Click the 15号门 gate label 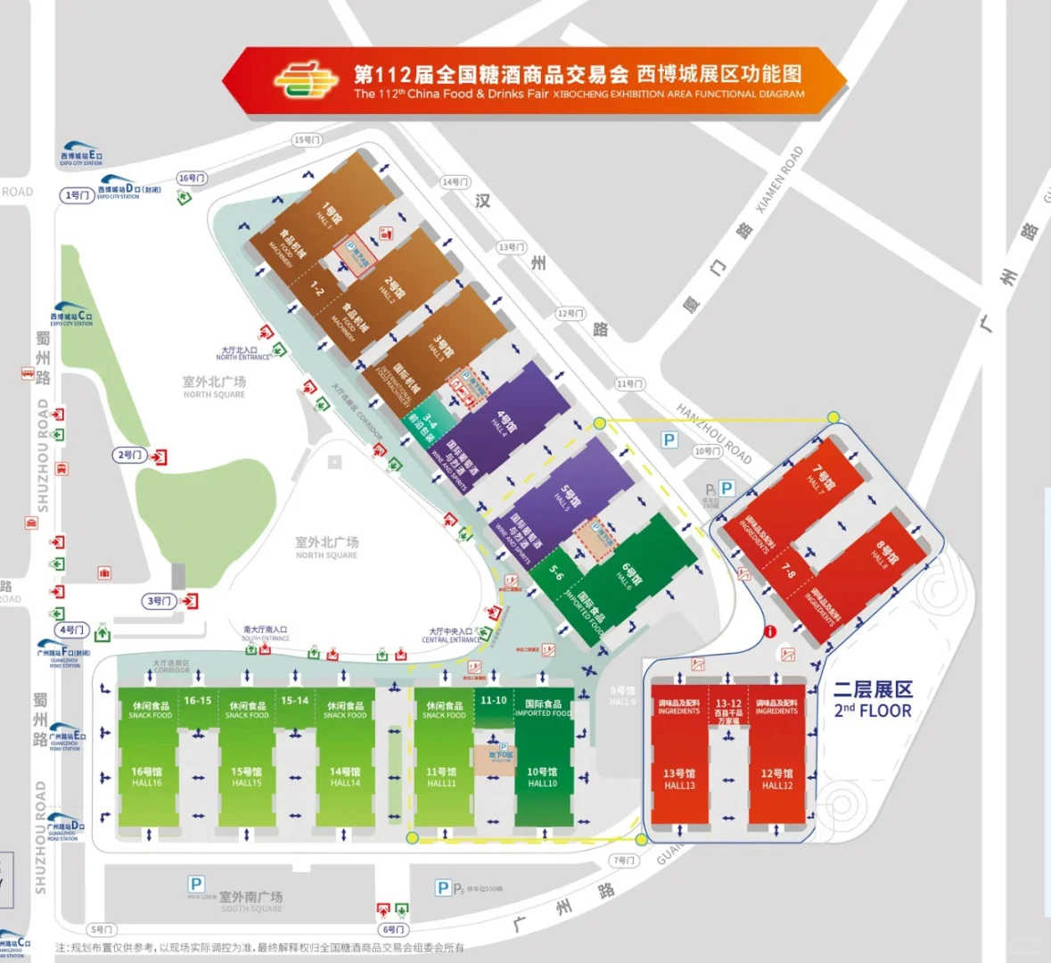(x=307, y=140)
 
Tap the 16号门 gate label (x=192, y=178)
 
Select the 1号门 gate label (x=78, y=194)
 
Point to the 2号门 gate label (x=130, y=455)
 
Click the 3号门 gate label (x=159, y=601)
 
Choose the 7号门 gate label (x=623, y=860)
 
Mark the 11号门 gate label (x=629, y=383)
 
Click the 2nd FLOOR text (x=873, y=711)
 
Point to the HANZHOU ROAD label (x=714, y=433)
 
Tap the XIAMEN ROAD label (x=780, y=178)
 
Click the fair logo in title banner (x=306, y=80)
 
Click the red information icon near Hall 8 (x=769, y=631)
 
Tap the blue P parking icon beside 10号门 (x=669, y=440)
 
